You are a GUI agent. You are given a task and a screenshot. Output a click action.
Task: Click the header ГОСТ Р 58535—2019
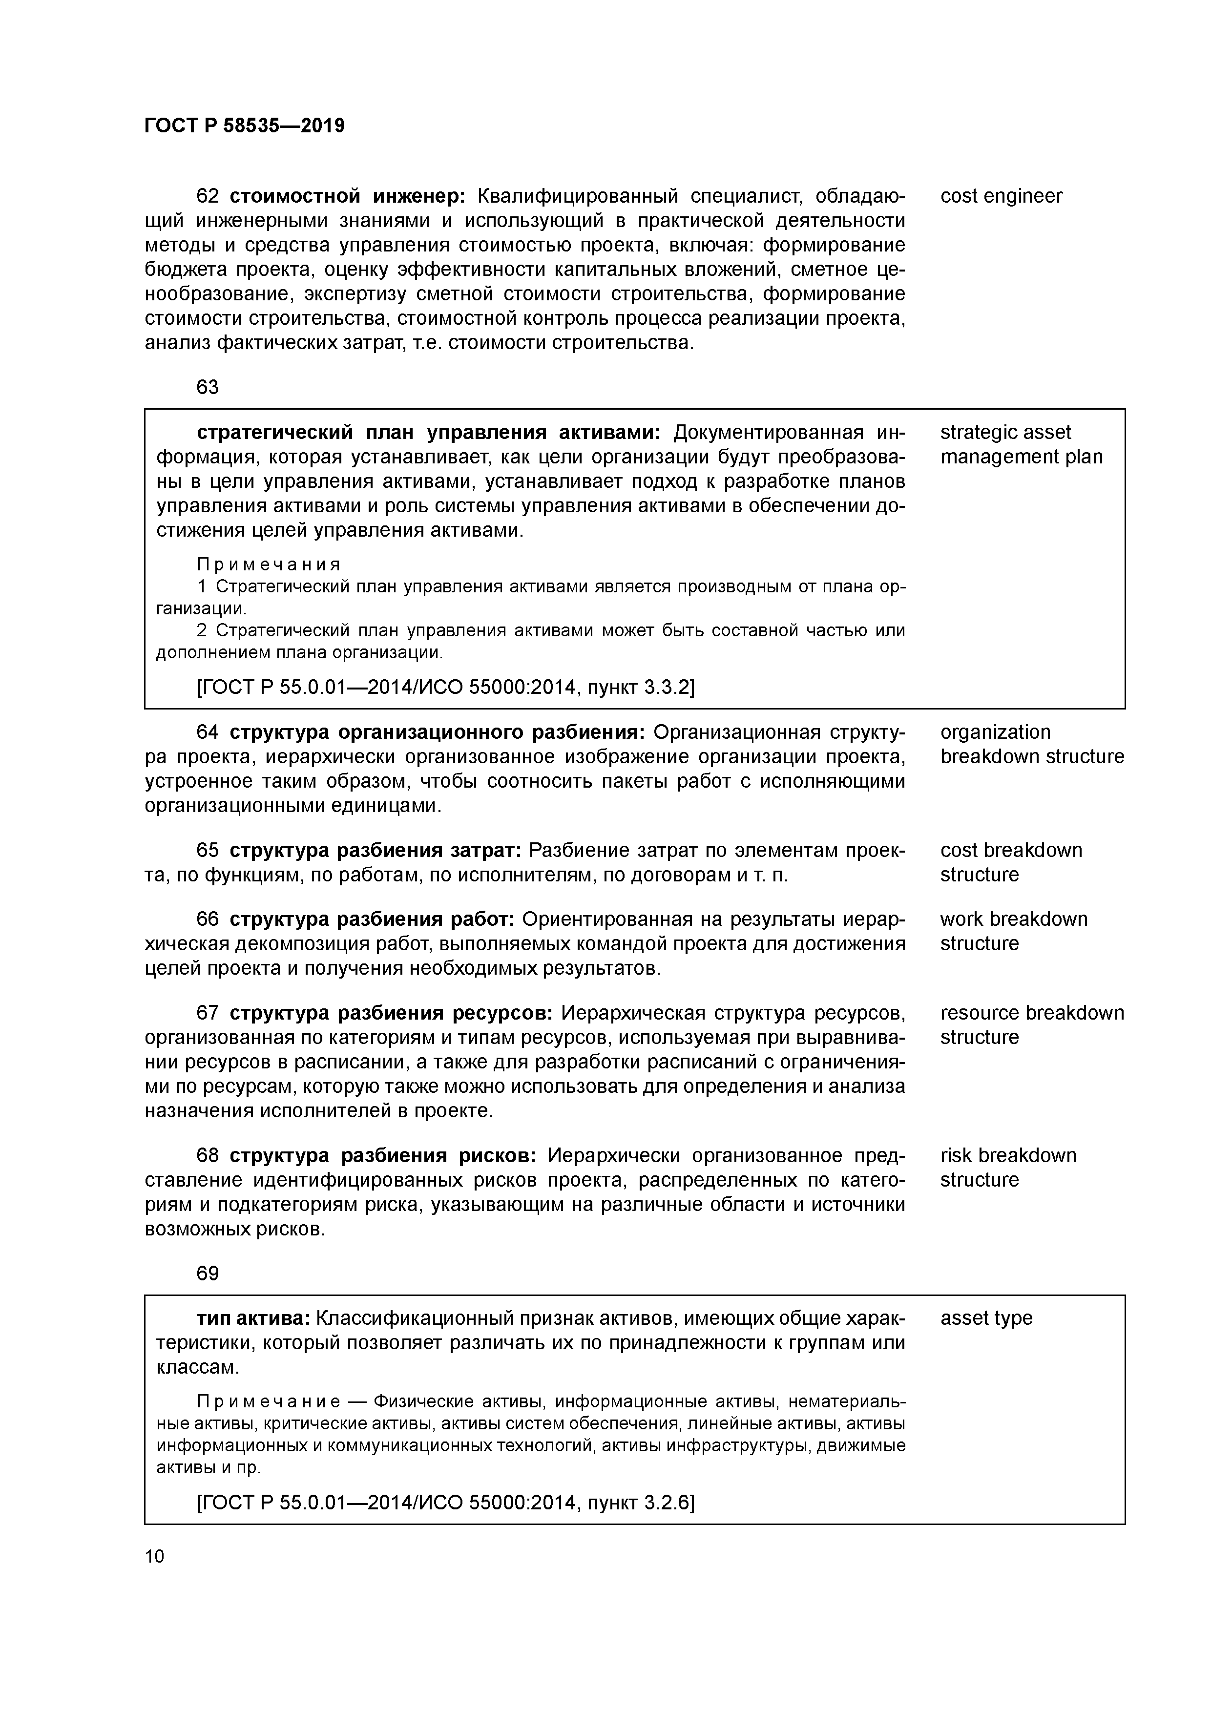coord(244,126)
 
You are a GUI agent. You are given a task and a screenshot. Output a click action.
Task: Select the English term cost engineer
coord(1001,196)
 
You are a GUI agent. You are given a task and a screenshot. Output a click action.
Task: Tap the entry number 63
coord(208,387)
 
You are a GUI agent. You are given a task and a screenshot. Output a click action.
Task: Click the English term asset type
coord(986,1318)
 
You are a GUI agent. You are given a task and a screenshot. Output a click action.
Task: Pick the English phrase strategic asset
coord(1004,433)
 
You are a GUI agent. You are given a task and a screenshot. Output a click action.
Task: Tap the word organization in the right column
coord(995,732)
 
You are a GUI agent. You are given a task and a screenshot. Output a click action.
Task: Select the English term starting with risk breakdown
coord(1007,1156)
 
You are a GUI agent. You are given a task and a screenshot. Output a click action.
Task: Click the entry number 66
coord(208,919)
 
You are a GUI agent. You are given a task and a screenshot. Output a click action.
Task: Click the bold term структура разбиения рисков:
coord(382,1156)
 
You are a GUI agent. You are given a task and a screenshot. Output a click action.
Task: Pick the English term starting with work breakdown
coord(1013,919)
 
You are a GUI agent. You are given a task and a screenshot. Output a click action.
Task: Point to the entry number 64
coord(208,732)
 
